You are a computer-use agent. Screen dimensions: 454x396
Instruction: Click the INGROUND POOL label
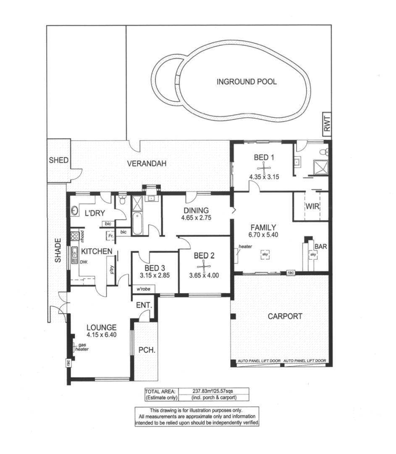(247, 82)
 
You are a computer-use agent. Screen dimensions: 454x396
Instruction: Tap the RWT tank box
(328, 124)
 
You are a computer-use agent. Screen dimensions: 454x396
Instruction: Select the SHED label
(58, 160)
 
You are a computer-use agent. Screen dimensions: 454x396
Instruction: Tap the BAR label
(320, 246)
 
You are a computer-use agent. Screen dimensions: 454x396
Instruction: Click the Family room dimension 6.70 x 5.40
(263, 236)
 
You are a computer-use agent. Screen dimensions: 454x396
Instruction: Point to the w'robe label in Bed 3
(143, 289)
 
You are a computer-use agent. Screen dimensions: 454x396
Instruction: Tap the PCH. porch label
(144, 349)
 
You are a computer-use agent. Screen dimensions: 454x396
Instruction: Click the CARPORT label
(285, 317)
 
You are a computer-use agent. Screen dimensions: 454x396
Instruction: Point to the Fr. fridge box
(110, 236)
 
